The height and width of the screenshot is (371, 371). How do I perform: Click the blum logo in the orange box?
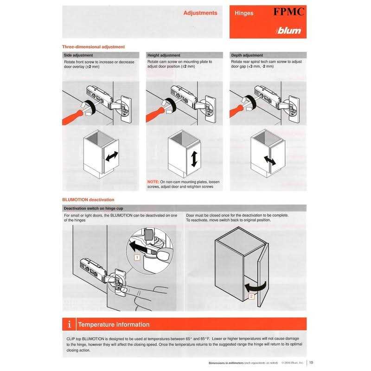pos(289,31)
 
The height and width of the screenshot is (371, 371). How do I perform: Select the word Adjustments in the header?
pos(200,13)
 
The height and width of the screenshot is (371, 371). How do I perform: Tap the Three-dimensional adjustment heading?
pos(93,47)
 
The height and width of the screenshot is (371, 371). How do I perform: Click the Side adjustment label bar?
pos(78,55)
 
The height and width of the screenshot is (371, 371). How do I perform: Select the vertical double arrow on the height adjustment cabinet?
pos(195,159)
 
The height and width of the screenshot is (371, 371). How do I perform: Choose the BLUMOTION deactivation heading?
pos(88,199)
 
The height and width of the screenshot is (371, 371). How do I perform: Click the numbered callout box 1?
pos(137,256)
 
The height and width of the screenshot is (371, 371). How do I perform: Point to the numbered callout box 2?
pos(251,295)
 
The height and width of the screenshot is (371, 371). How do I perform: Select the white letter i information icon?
pos(69,324)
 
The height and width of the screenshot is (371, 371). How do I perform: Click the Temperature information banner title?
pos(114,324)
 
